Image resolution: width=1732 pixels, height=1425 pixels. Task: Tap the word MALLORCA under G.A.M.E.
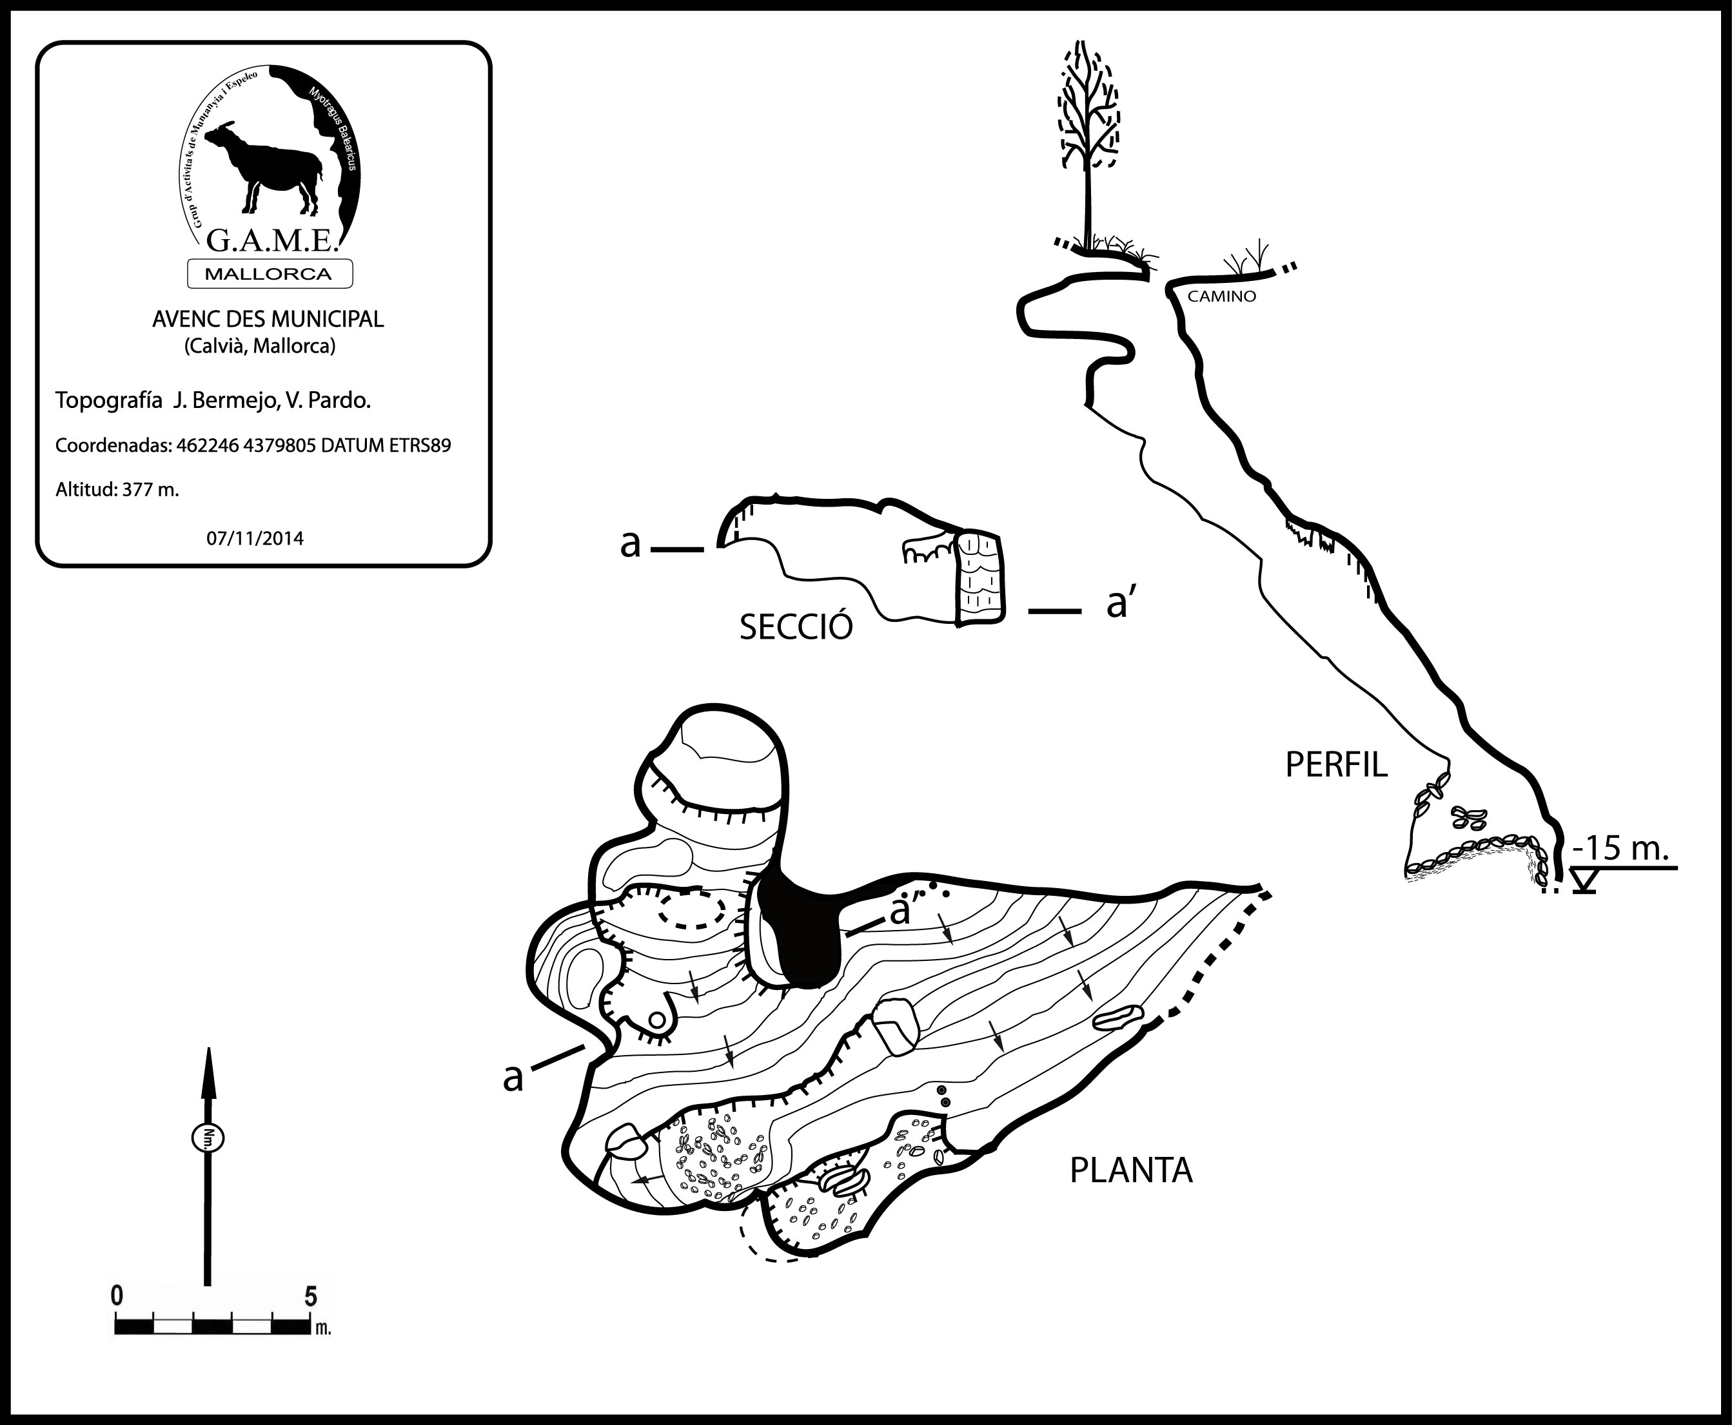(268, 274)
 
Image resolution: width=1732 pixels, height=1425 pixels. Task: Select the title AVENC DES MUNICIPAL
(268, 319)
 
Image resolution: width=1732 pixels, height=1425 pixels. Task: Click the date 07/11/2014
(255, 538)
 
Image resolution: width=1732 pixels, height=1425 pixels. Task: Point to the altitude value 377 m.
(150, 490)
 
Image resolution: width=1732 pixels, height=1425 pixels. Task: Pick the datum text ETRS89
(420, 446)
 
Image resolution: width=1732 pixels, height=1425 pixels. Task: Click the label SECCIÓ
(796, 628)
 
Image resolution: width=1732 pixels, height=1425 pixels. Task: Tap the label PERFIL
(1335, 765)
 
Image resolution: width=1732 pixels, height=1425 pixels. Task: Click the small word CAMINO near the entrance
(1221, 297)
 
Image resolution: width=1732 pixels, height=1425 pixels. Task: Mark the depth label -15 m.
(1620, 848)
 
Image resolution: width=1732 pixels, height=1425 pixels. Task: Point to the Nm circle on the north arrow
(208, 1138)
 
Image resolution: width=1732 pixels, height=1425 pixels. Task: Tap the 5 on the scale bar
(310, 1297)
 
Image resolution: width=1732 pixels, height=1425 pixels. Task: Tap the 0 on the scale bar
(117, 1296)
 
